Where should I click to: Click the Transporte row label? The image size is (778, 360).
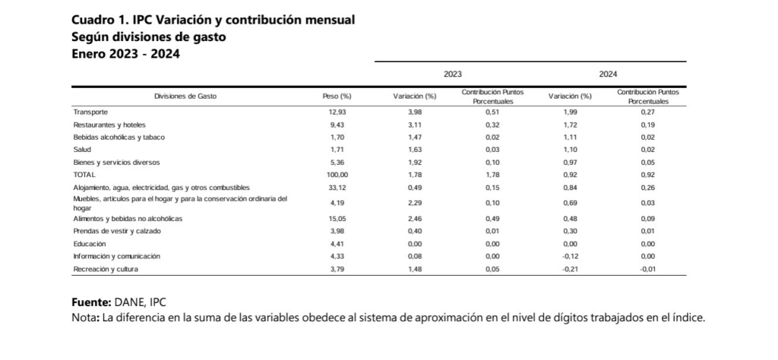click(90, 112)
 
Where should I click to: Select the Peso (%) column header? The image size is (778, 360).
click(337, 96)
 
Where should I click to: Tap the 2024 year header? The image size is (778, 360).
click(608, 74)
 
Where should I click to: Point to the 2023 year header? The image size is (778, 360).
click(453, 74)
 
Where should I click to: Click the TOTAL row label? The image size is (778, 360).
click(84, 175)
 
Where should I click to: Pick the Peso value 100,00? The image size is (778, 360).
click(337, 175)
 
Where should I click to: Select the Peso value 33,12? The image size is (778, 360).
click(337, 188)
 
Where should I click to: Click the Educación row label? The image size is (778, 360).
click(90, 244)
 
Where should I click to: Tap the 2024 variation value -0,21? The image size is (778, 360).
click(570, 270)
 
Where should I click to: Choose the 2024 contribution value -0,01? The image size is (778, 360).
click(647, 270)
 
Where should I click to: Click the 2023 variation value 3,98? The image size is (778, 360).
click(414, 112)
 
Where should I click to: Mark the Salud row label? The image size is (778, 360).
click(82, 150)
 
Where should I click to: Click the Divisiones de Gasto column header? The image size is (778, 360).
click(185, 96)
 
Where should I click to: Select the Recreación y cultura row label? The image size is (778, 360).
click(106, 270)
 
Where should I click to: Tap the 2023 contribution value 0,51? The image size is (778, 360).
click(492, 112)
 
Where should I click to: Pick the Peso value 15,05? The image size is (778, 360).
click(337, 219)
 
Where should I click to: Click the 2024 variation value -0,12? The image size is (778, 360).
click(570, 257)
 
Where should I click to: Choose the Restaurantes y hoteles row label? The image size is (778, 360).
click(109, 125)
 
